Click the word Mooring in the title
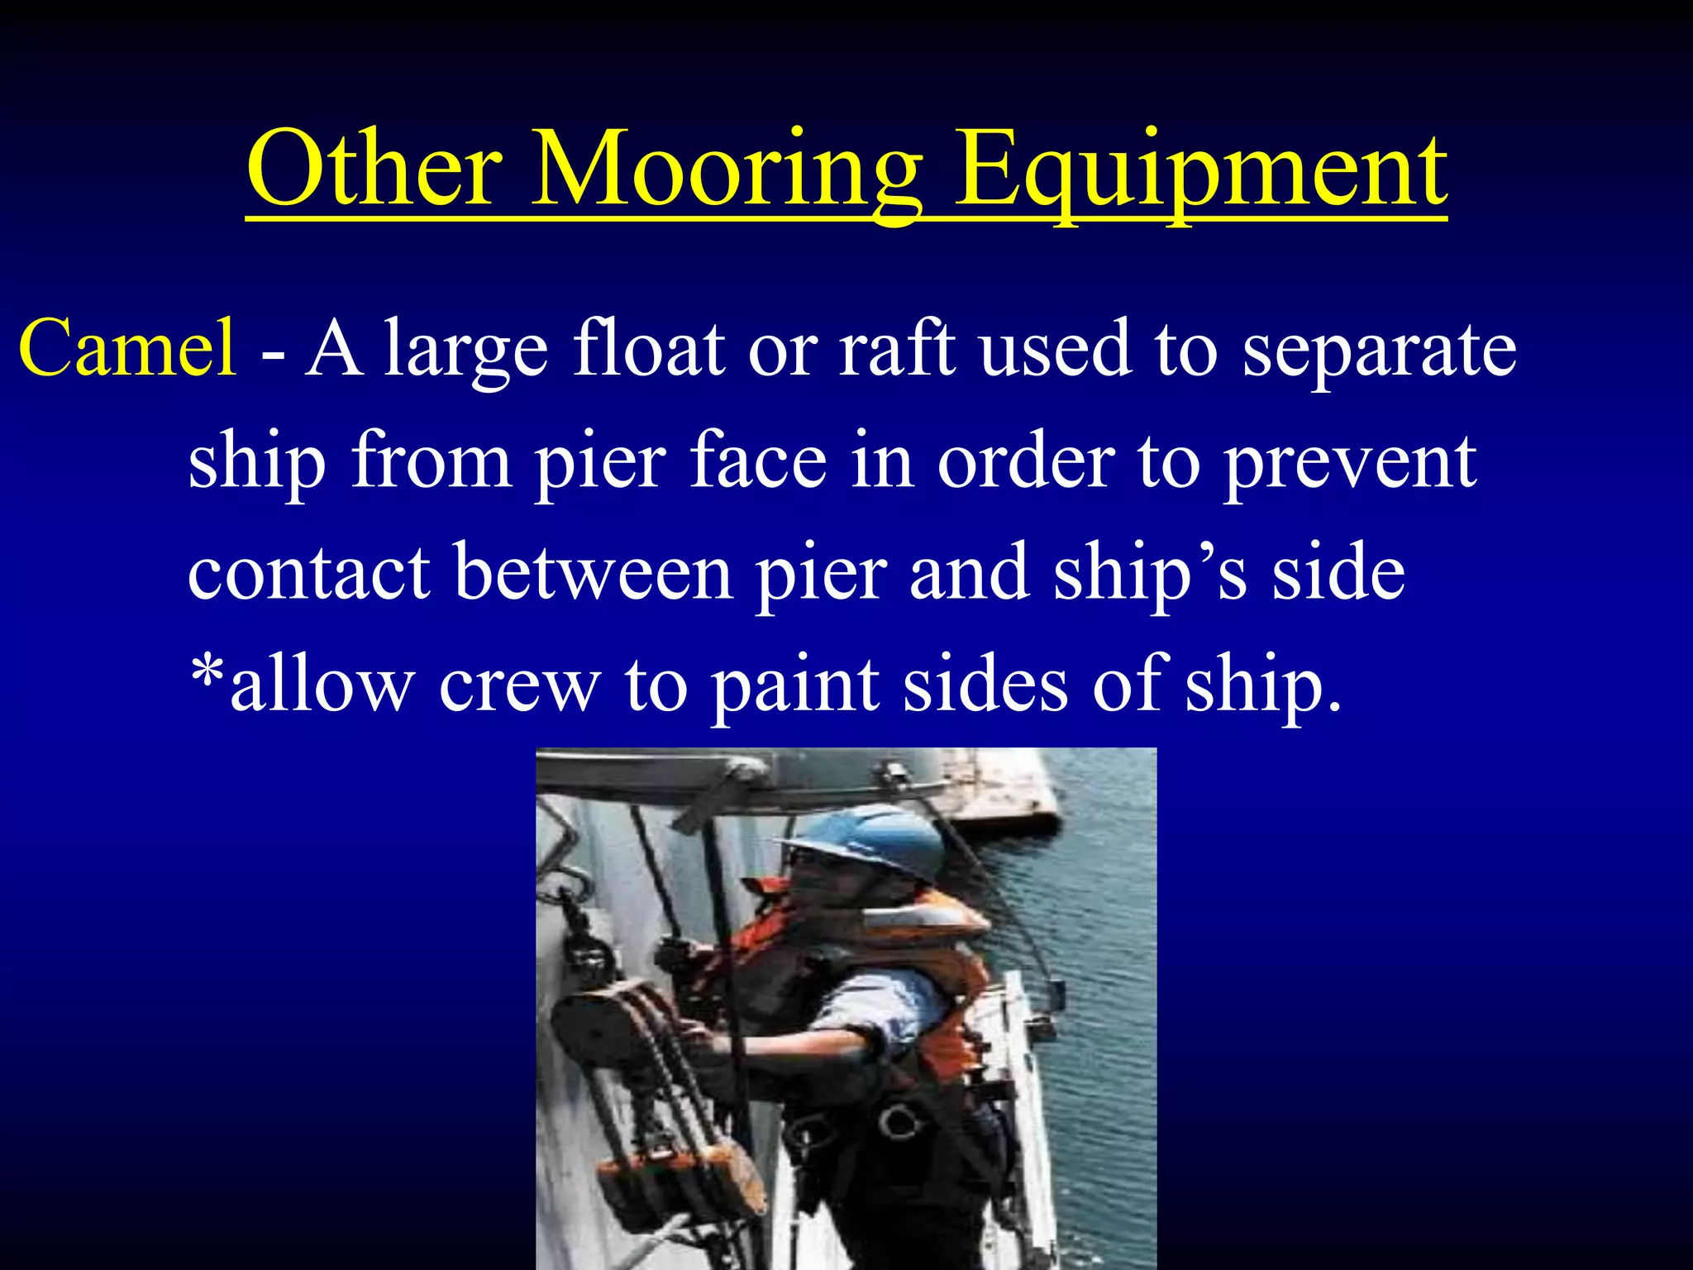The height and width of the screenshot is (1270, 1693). click(726, 169)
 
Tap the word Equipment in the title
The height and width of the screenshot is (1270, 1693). click(1200, 169)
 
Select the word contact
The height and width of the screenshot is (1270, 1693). click(309, 572)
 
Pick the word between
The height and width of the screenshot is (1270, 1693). click(594, 572)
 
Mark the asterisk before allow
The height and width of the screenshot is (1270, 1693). click(207, 674)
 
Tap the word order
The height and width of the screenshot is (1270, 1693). click(1026, 461)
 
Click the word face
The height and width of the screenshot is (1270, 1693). click(758, 461)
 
